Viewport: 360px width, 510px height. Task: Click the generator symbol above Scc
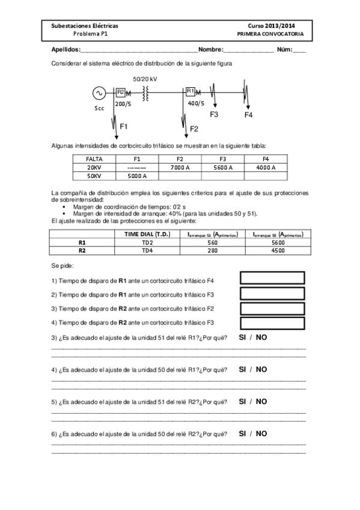pos(98,93)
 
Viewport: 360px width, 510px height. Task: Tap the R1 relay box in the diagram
pos(190,91)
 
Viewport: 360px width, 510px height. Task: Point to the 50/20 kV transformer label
pos(145,79)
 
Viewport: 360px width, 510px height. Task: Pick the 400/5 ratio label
pos(196,103)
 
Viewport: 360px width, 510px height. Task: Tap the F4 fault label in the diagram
pos(249,115)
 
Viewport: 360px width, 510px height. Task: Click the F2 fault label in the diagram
pos(194,129)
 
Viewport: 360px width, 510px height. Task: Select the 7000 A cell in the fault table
pos(180,167)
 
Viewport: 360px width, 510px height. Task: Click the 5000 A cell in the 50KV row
pos(137,176)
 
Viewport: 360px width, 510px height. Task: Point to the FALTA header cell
pos(94,158)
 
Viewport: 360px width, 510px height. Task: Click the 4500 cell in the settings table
pos(277,250)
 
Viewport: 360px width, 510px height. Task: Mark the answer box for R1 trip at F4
pos(272,278)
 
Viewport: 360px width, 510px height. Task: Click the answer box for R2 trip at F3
pos(272,324)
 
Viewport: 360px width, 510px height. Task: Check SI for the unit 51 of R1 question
pos(243,337)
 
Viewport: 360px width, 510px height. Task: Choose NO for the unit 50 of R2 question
pos(261,433)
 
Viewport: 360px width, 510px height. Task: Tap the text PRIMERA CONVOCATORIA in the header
pos(270,34)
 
